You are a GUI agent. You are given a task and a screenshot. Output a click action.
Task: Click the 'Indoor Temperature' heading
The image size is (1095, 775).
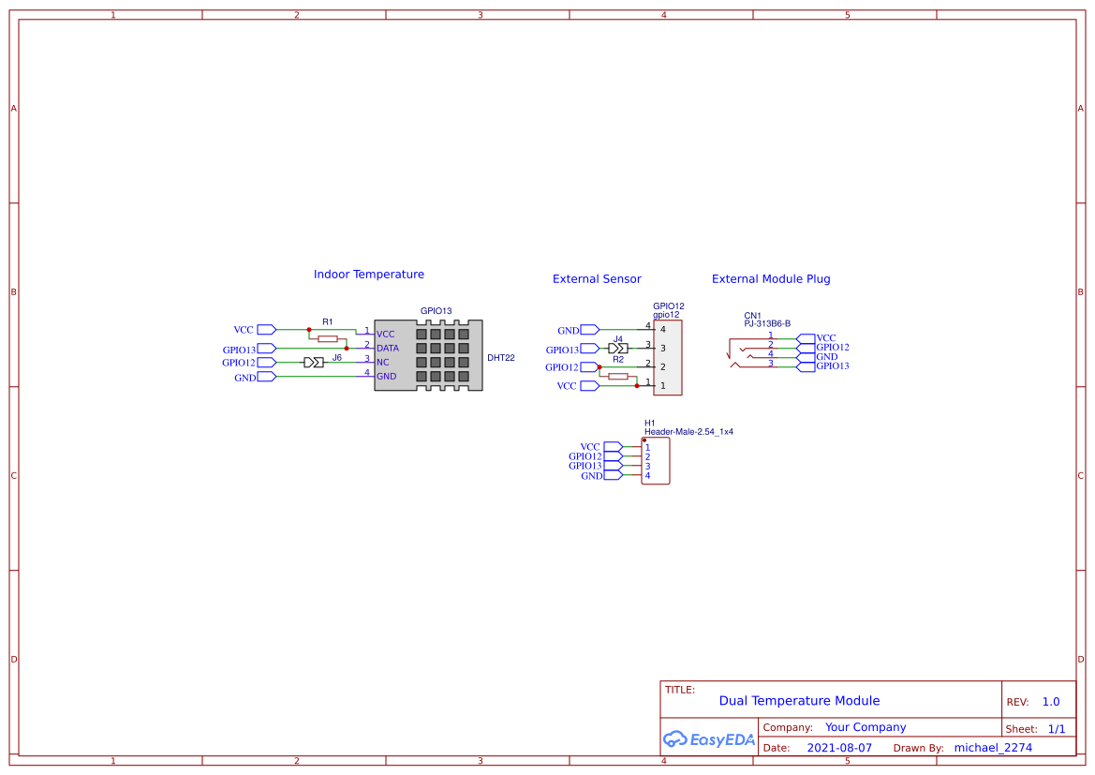coord(368,275)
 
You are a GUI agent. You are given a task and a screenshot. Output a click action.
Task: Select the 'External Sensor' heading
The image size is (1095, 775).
coord(597,279)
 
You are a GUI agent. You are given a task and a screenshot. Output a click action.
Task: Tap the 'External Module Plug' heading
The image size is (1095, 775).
coord(771,279)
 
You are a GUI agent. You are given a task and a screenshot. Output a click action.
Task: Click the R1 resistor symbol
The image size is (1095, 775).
coord(328,338)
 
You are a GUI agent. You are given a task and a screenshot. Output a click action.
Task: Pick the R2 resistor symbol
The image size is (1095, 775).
coord(618,376)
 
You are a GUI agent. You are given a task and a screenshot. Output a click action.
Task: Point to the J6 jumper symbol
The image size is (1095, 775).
coord(314,362)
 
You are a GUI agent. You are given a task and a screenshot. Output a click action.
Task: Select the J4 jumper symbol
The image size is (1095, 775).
coord(618,348)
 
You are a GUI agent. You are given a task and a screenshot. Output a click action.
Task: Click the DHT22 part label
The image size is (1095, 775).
coord(501,358)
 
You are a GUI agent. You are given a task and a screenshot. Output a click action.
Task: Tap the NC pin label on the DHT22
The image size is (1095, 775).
coord(382,362)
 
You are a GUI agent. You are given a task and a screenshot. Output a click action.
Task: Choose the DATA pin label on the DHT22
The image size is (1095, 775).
coord(388,348)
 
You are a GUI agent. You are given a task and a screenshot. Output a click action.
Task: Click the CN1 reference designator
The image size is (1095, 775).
coord(753,316)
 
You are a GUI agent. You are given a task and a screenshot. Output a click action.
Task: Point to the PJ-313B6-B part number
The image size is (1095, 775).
coord(767,323)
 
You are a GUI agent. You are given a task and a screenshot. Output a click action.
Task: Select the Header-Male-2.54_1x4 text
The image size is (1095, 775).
coord(688,432)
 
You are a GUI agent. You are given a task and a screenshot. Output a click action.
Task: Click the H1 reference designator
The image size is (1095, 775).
coord(650,424)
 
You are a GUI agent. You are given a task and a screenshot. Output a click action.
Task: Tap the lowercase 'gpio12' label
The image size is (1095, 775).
coord(666,315)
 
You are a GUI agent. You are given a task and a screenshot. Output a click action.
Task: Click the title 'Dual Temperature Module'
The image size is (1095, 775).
coord(799,701)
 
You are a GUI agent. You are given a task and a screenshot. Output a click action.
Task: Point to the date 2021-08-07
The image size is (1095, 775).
coord(839,748)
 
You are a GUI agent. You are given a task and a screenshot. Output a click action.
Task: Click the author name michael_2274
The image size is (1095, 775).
coord(993,748)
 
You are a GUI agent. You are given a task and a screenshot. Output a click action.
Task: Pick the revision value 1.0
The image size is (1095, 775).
coord(1051,702)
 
